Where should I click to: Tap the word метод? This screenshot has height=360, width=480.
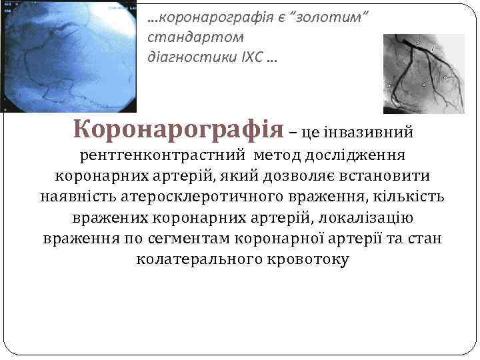[x=276, y=155]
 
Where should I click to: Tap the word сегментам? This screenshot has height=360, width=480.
[x=213, y=239]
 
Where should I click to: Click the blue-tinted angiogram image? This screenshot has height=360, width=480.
[x=68, y=56]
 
